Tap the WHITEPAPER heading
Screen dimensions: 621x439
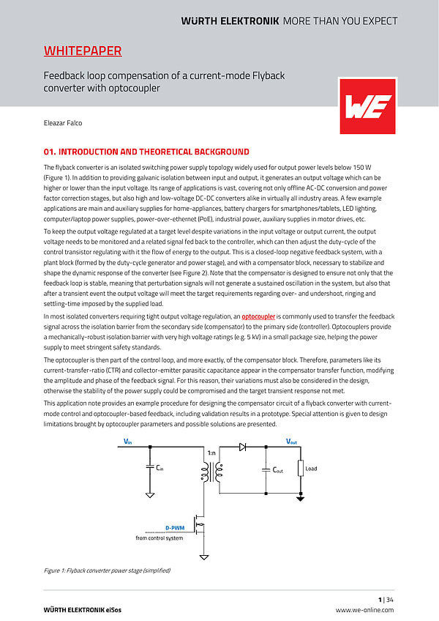[x=83, y=51]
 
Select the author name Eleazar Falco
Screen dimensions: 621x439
[x=63, y=123]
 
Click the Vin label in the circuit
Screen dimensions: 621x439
[x=128, y=442]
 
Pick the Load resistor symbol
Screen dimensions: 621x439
[x=300, y=469]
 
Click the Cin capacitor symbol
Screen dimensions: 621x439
[x=150, y=467]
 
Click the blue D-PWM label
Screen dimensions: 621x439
[x=174, y=527]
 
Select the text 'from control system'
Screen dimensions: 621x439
[x=160, y=538]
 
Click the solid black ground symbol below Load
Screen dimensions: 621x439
[x=300, y=499]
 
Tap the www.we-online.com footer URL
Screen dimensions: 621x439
[x=364, y=610]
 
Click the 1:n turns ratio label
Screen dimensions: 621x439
[x=211, y=453]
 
